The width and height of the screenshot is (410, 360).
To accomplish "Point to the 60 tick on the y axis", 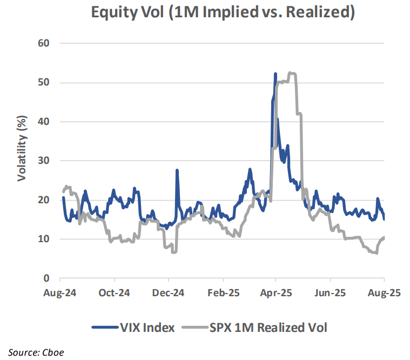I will point(43,43).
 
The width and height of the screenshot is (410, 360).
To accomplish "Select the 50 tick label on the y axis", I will point(43,82).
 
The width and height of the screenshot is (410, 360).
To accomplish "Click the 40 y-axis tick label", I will point(43,122).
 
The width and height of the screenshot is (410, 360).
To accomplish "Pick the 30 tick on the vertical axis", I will point(43,161).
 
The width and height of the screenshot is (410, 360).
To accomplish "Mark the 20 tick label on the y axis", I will point(43,200).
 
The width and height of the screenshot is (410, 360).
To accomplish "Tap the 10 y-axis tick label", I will point(43,239).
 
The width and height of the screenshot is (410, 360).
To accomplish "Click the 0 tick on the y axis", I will point(46,278).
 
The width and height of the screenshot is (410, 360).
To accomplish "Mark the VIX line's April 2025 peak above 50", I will point(275,74).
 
